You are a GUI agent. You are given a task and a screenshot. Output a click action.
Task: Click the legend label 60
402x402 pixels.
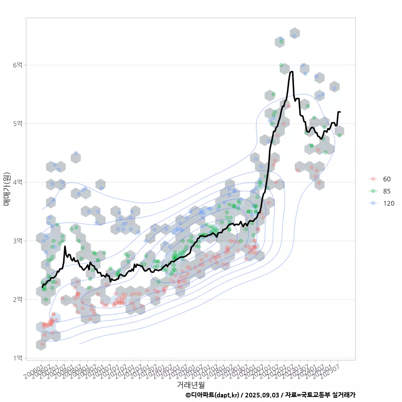click(387, 179)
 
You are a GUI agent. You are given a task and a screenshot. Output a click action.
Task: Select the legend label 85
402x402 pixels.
click(387, 191)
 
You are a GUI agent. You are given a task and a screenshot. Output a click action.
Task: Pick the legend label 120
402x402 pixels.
click(389, 204)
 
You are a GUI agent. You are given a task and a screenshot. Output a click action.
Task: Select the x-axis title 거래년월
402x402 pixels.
click(191, 384)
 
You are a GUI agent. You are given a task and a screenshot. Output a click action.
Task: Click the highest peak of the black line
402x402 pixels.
click(291, 72)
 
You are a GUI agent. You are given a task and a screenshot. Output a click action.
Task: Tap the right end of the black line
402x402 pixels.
click(340, 112)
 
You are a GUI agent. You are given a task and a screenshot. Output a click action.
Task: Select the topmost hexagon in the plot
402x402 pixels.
click(294, 33)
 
